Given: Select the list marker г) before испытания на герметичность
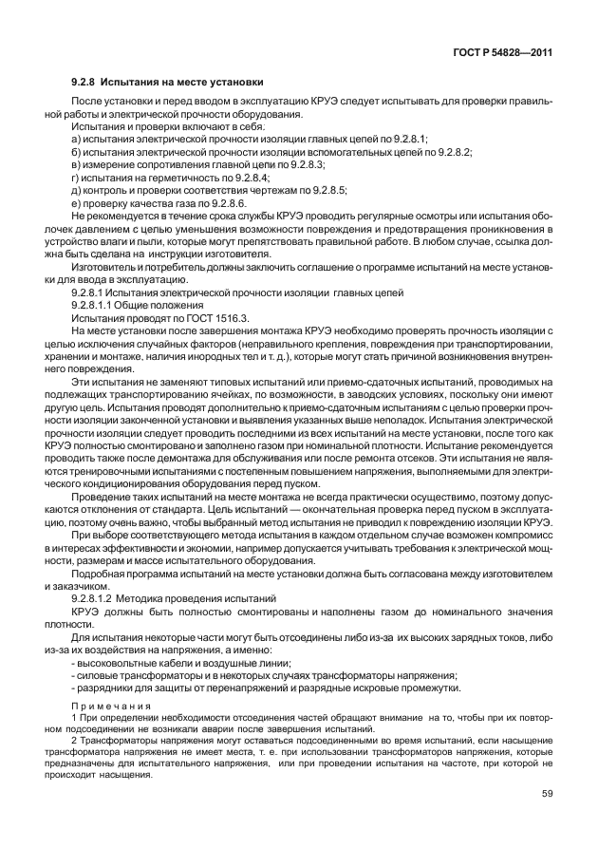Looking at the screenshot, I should [76, 178].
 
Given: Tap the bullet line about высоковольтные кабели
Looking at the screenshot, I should [181, 663].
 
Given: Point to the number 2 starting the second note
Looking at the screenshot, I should [74, 739].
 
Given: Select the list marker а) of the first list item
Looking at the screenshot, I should [76, 138].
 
